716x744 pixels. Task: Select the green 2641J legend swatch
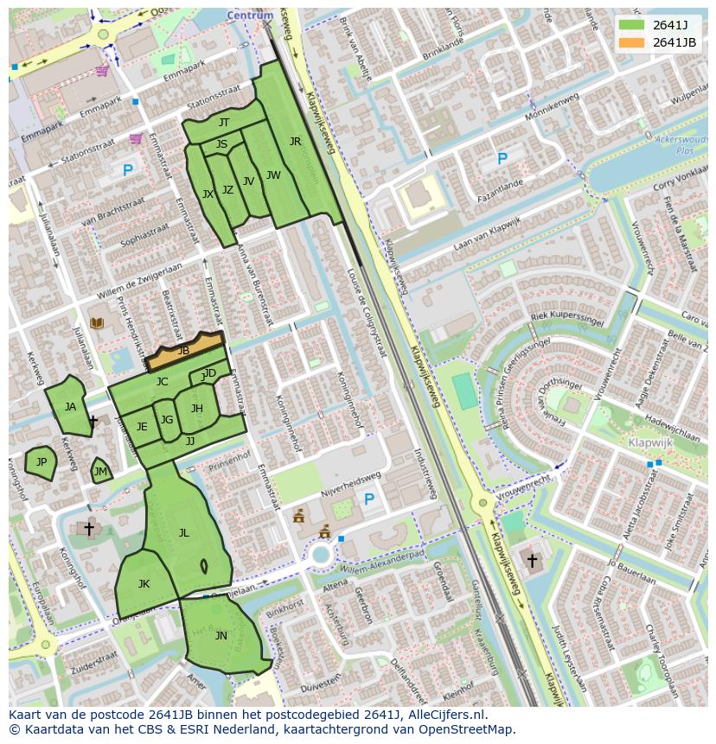coord(632,25)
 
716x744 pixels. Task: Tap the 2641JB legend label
coord(674,42)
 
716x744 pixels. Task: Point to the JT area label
coord(224,123)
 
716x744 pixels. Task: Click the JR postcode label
coord(295,142)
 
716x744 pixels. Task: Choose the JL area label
coord(183,533)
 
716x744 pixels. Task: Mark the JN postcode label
coord(221,636)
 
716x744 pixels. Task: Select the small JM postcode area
coord(101,471)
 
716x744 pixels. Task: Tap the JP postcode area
coord(41,463)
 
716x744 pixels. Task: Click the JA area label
coord(70,407)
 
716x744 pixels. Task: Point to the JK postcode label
coord(144,584)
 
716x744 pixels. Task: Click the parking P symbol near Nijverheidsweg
coord(369,499)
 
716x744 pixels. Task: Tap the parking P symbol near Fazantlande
coord(502,159)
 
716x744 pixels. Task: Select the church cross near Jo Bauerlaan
coord(532,561)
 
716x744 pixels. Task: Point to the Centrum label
coord(250,16)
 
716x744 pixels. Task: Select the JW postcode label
coord(273,175)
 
